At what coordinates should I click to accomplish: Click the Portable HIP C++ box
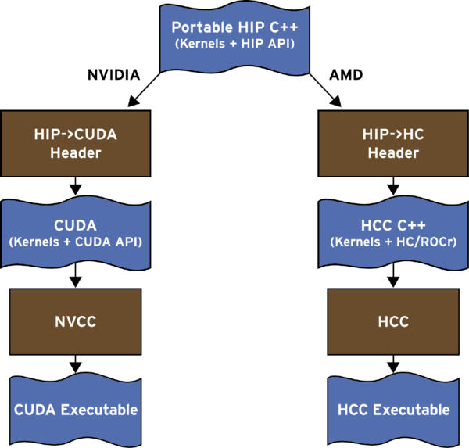[234, 38]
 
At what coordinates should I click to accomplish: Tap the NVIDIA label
[113, 75]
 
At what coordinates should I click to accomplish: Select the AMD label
[346, 75]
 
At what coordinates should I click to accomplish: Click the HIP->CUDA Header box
[75, 143]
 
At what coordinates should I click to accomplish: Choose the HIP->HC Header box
[393, 143]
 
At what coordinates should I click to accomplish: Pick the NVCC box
[75, 321]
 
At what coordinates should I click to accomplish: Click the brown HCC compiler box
[393, 321]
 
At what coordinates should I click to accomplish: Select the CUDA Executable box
[75, 410]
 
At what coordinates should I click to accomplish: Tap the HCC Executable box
[393, 410]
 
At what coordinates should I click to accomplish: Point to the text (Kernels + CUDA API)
[75, 242]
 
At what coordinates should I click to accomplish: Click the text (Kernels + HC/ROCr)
[393, 242]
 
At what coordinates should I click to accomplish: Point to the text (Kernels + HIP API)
[234, 44]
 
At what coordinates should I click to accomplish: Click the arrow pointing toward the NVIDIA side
[144, 89]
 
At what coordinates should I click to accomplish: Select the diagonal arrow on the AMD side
[325, 89]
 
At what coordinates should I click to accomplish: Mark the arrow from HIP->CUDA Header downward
[75, 186]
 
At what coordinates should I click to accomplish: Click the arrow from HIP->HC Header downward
[393, 186]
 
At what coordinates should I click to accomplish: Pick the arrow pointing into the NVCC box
[75, 275]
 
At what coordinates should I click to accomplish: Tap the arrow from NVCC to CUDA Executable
[75, 364]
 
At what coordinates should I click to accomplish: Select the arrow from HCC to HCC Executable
[393, 364]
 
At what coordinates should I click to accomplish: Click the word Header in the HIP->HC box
[393, 153]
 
